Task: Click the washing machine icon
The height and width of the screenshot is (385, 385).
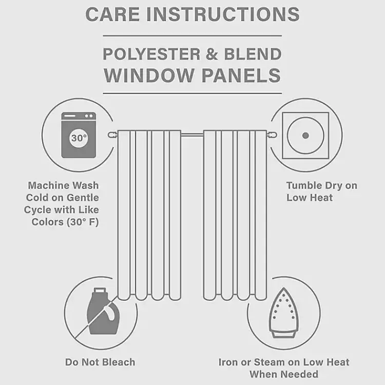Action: pyautogui.click(x=78, y=134)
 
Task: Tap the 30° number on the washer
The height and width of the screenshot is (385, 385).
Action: pyautogui.click(x=79, y=138)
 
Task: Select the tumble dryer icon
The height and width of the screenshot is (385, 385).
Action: pyautogui.click(x=305, y=136)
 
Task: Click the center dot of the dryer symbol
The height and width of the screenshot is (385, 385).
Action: pyautogui.click(x=305, y=136)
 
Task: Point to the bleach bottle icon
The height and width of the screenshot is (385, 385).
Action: pyautogui.click(x=99, y=312)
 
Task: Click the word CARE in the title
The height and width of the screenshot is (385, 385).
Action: pyautogui.click(x=112, y=14)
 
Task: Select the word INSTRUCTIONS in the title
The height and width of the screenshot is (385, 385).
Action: pyautogui.click(x=223, y=14)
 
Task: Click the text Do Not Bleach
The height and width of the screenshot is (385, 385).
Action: pyautogui.click(x=100, y=362)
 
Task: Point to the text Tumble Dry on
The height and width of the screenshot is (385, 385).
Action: pyautogui.click(x=321, y=185)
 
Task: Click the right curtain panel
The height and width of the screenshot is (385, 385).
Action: pyautogui.click(x=235, y=216)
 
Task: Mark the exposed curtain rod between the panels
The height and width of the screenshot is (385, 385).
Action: pyautogui.click(x=192, y=135)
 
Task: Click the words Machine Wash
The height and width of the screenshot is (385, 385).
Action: pyautogui.click(x=63, y=185)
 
